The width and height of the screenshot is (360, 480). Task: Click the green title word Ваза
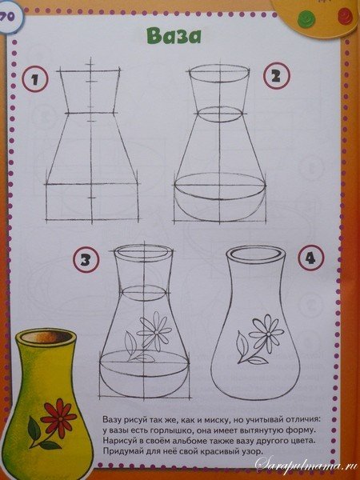(174, 36)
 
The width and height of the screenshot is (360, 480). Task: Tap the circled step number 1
(35, 79)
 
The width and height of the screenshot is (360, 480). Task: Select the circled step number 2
(276, 76)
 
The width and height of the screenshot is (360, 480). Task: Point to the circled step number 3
(86, 259)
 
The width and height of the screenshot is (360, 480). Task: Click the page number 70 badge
(8, 17)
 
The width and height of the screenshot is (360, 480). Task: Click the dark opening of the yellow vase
(46, 337)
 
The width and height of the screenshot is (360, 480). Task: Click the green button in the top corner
(306, 18)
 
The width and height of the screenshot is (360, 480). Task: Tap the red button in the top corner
(345, 16)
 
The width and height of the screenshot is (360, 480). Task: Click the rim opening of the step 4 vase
(255, 254)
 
